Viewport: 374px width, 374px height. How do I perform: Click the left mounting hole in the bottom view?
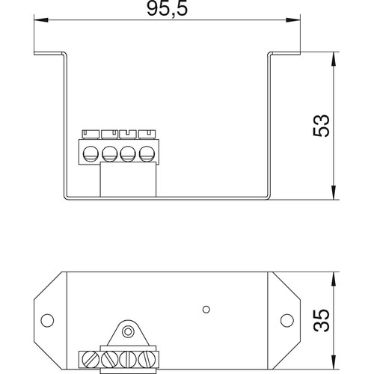(x=46, y=321)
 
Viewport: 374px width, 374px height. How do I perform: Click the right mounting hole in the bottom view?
(x=286, y=321)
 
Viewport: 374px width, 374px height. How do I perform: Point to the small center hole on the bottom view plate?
(x=205, y=307)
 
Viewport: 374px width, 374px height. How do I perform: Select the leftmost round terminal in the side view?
(x=91, y=154)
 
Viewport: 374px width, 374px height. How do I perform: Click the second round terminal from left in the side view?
(x=108, y=154)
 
